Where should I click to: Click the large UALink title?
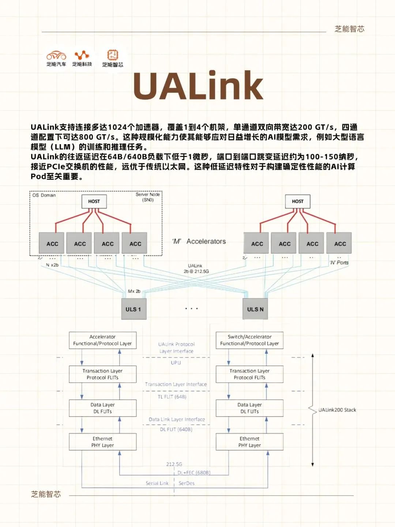(198, 86)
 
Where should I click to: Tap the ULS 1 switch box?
(133, 309)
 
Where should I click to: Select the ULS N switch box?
(255, 309)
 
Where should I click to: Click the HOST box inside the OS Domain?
(94, 201)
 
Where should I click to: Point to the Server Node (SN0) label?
(148, 197)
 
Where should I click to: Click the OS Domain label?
(44, 195)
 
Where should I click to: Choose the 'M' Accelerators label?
(199, 241)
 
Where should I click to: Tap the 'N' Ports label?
(339, 262)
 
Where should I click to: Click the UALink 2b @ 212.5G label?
(196, 269)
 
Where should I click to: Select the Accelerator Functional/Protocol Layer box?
(103, 340)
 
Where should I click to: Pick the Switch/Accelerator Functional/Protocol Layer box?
(249, 340)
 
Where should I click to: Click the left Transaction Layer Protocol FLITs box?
(103, 374)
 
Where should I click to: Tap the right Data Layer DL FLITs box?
(249, 408)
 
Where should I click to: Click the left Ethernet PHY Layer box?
(103, 442)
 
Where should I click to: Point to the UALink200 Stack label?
(337, 410)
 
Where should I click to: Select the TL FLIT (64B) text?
(172, 397)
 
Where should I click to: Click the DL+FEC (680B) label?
(194, 472)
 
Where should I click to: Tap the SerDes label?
(187, 483)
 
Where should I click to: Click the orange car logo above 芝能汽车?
(56, 55)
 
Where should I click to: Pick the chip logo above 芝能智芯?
(113, 55)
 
